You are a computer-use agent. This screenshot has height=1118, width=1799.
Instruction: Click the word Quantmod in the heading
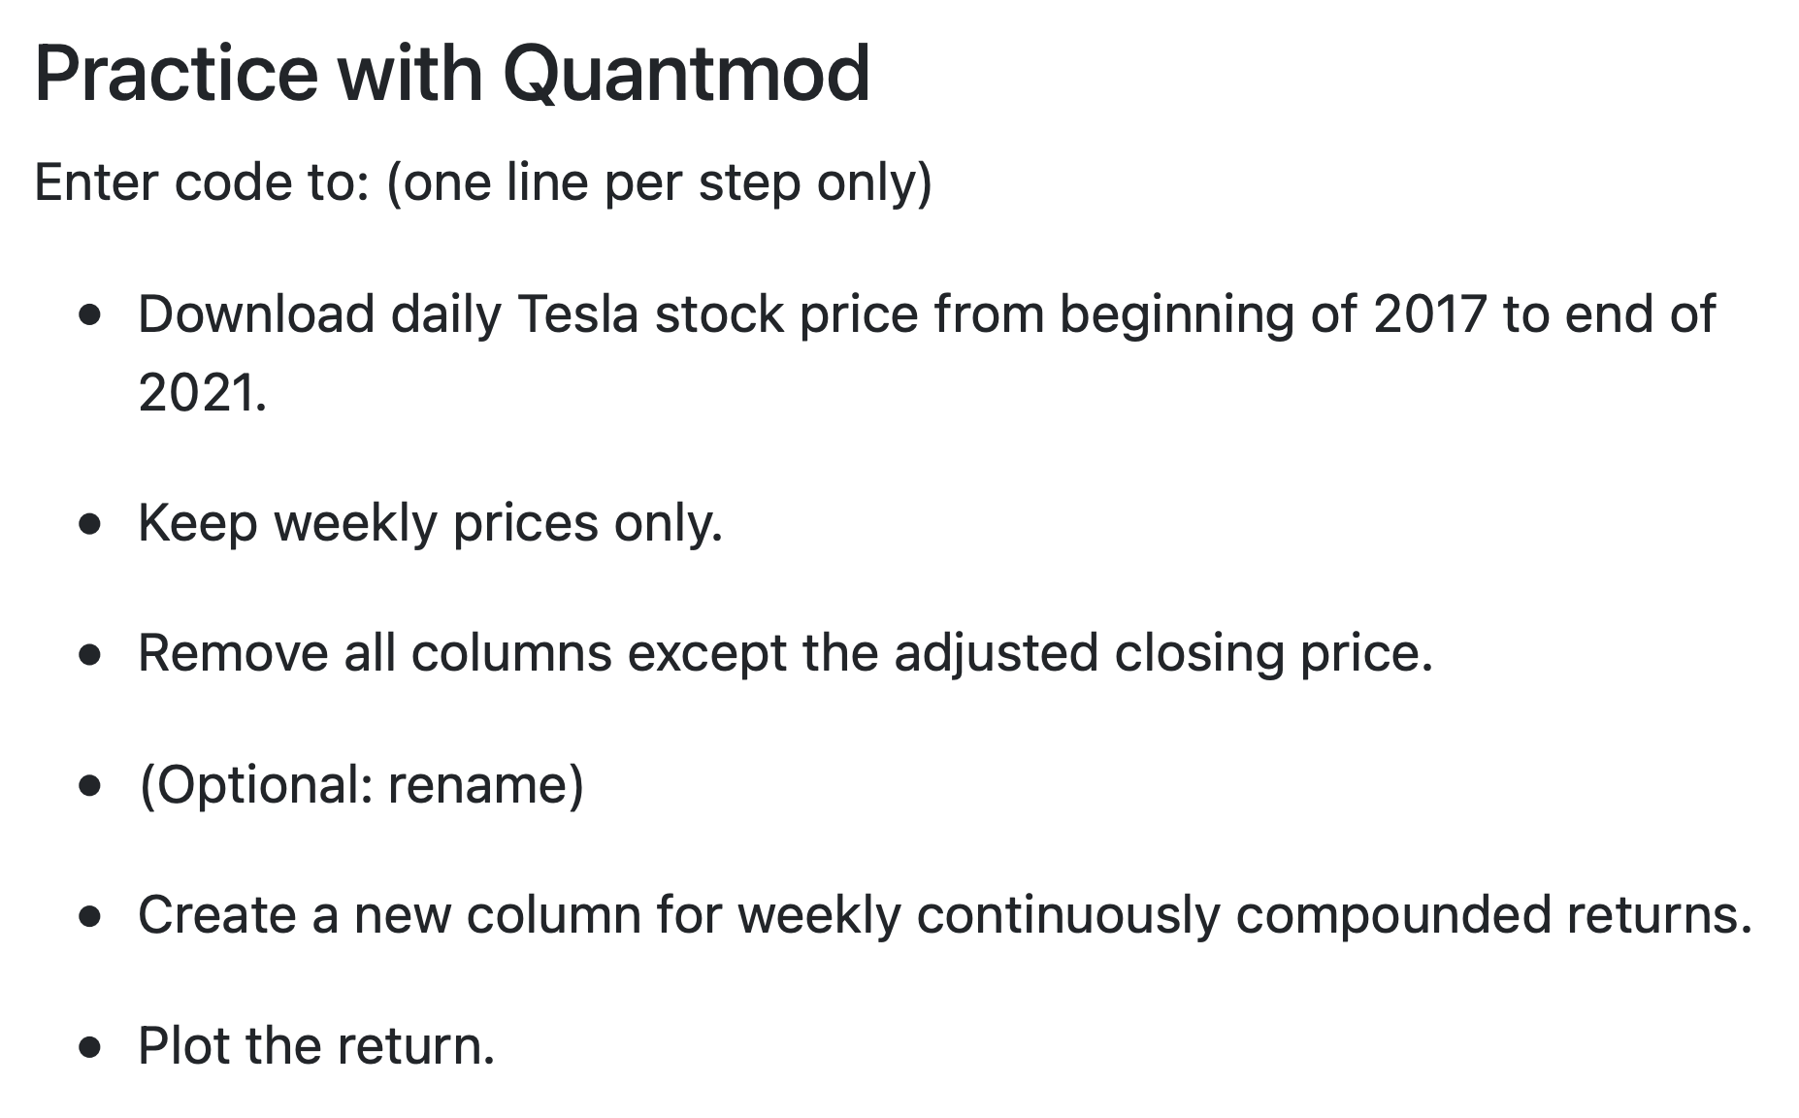pyautogui.click(x=686, y=74)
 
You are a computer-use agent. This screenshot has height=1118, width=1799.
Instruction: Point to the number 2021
pyautogui.click(x=201, y=393)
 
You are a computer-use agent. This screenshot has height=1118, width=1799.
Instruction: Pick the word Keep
pyautogui.click(x=198, y=523)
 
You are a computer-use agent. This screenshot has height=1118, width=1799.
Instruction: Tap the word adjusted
pyautogui.click(x=996, y=653)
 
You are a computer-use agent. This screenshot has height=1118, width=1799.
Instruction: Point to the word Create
pyautogui.click(x=216, y=915)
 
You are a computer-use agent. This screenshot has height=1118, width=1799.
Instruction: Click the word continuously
pyautogui.click(x=1067, y=915)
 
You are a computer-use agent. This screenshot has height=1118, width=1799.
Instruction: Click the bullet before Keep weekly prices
pyautogui.click(x=91, y=525)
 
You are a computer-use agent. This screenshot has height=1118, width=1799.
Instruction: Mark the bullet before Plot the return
pyautogui.click(x=91, y=1048)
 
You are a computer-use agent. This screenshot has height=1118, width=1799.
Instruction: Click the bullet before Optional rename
pyautogui.click(x=91, y=786)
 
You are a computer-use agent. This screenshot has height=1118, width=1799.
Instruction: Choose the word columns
pyautogui.click(x=511, y=653)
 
